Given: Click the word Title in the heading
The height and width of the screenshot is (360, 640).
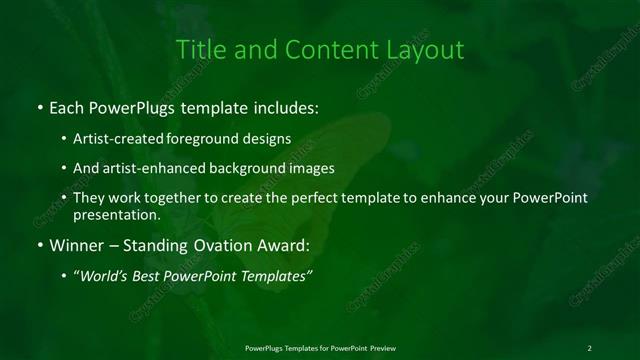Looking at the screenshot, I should tap(200, 49).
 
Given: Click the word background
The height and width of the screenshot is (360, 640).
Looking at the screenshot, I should tap(246, 168).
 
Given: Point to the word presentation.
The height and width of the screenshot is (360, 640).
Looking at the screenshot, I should tap(116, 214).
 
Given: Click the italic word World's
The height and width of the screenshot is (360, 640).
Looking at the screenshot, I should tap(105, 276).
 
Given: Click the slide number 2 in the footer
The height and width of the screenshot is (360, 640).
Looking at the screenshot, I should tap(590, 347).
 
